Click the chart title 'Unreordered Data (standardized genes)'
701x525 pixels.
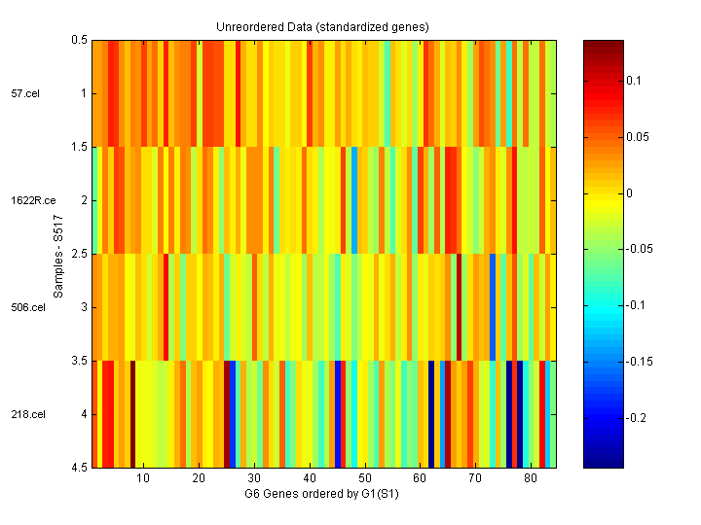click(322, 26)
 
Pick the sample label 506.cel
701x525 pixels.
click(28, 307)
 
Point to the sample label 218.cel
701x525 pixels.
click(28, 414)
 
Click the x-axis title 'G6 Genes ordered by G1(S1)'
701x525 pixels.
click(322, 495)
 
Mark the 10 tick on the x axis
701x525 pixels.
click(143, 479)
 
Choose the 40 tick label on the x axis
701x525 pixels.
click(310, 479)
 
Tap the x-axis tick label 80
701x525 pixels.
click(531, 479)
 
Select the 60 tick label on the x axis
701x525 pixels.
click(420, 479)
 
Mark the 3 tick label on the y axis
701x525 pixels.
click(83, 307)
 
